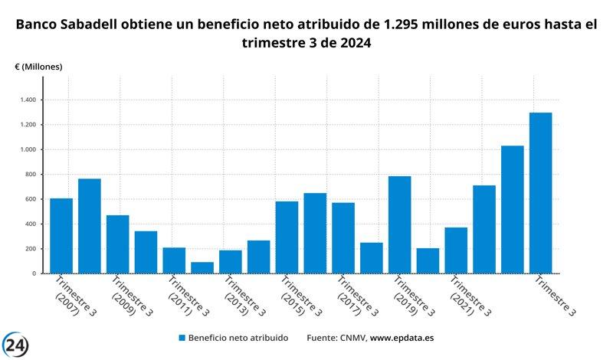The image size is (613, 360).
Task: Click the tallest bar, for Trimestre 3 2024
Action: pyautogui.click(x=540, y=193)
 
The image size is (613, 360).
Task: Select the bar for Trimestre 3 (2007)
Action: pyautogui.click(x=61, y=236)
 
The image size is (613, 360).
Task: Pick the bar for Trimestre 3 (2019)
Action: pyautogui.click(x=399, y=224)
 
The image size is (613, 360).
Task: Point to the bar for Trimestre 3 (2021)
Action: pyautogui.click(x=456, y=250)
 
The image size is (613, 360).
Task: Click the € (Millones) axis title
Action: pyautogui.click(x=38, y=67)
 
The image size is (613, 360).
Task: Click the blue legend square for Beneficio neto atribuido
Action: pyautogui.click(x=182, y=337)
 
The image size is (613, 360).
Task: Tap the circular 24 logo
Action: pyautogui.click(x=15, y=345)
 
